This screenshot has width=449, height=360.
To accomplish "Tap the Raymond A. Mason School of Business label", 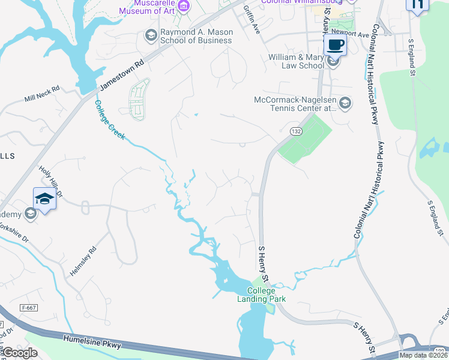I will [x=196, y=36].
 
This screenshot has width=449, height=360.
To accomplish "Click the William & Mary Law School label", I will [x=297, y=62].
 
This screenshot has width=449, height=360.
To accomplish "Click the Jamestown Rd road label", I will [x=122, y=75].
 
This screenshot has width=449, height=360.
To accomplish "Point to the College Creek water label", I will [x=109, y=119].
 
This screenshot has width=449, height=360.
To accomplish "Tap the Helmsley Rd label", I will [x=83, y=262].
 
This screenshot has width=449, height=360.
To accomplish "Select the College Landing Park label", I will [x=262, y=295].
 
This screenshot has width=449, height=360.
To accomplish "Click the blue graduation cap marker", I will [x=44, y=198].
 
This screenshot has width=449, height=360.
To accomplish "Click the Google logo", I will [x=20, y=353].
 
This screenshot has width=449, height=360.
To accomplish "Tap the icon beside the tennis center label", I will [x=345, y=104].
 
